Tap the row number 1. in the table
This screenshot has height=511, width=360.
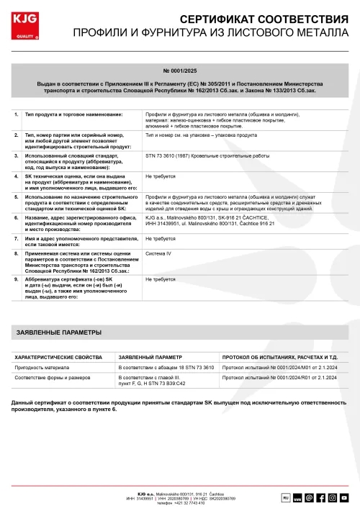(17, 114)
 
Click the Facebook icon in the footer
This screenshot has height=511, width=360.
(320, 497)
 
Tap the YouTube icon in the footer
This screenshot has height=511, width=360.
(344, 497)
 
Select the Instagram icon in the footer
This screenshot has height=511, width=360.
(332, 497)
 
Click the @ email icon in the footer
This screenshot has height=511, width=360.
(308, 497)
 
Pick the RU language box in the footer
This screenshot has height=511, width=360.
(284, 497)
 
